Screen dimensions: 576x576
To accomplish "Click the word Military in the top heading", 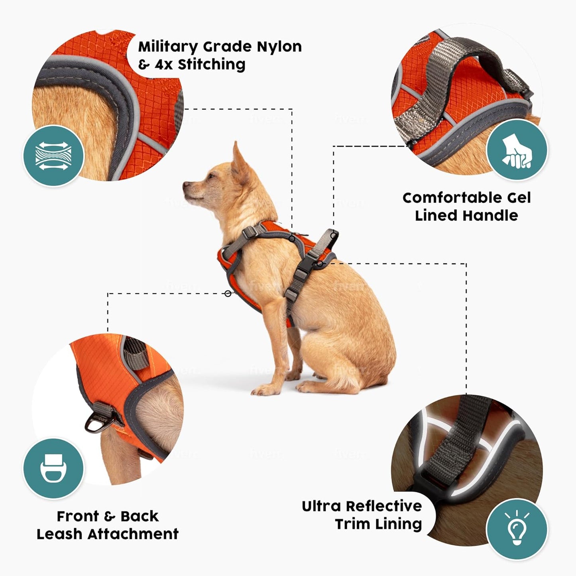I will point(167,47).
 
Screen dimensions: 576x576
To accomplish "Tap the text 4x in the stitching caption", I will point(163,64).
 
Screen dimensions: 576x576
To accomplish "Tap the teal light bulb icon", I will point(517,529).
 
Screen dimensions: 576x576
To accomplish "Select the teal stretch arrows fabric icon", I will point(53,155).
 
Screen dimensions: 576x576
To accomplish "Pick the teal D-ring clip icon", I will point(53,468).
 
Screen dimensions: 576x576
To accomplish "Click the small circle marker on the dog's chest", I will point(228,293).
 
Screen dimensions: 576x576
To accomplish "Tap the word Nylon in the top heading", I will point(279,47).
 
